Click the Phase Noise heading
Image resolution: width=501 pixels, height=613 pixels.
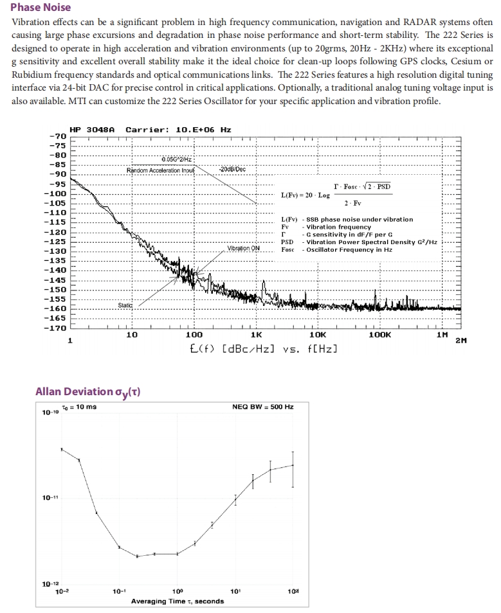(x=41, y=8)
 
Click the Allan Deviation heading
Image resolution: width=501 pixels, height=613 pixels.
(x=88, y=392)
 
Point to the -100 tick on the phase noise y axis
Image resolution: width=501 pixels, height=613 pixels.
(x=57, y=193)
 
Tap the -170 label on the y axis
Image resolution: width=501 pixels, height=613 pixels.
(x=57, y=328)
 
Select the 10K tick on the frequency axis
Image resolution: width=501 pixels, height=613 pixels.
(x=317, y=335)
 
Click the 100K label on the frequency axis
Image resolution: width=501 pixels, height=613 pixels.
(x=379, y=335)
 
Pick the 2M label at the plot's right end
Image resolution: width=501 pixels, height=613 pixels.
(x=460, y=341)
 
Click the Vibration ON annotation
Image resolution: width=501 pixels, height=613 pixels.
(x=243, y=248)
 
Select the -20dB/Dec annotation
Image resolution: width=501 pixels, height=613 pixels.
(x=232, y=169)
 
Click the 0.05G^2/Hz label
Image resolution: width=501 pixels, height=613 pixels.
(x=177, y=159)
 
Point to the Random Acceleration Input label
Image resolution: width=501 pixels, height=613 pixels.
(x=160, y=170)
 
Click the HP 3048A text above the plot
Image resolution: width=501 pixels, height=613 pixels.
(x=91, y=129)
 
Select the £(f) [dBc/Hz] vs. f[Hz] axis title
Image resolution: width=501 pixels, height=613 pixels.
(x=264, y=349)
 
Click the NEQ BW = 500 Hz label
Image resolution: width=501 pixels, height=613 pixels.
(x=262, y=407)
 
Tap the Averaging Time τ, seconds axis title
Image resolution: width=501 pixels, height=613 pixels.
(x=178, y=601)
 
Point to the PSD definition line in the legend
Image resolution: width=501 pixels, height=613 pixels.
(x=360, y=242)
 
